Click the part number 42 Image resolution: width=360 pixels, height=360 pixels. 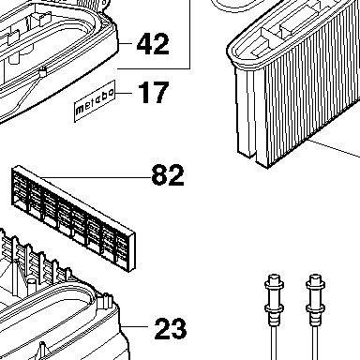153,44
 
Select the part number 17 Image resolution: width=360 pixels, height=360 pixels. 154,92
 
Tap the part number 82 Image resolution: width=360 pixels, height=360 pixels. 168,175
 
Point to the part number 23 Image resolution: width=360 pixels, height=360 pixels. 171,328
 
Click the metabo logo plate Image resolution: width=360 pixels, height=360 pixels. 95,101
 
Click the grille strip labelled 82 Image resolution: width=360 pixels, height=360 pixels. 74,217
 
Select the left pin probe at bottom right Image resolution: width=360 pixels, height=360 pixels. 274,316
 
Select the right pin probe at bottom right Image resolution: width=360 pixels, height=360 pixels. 315,316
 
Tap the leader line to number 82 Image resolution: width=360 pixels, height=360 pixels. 97,177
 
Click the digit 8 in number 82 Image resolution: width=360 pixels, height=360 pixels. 159,175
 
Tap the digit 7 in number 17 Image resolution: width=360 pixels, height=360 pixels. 159,92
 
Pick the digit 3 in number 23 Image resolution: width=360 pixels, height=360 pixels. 179,328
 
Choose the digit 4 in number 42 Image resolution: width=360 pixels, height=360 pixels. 144,44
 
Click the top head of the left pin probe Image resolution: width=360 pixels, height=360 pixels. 274,279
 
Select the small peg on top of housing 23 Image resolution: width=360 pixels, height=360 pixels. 105,302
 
